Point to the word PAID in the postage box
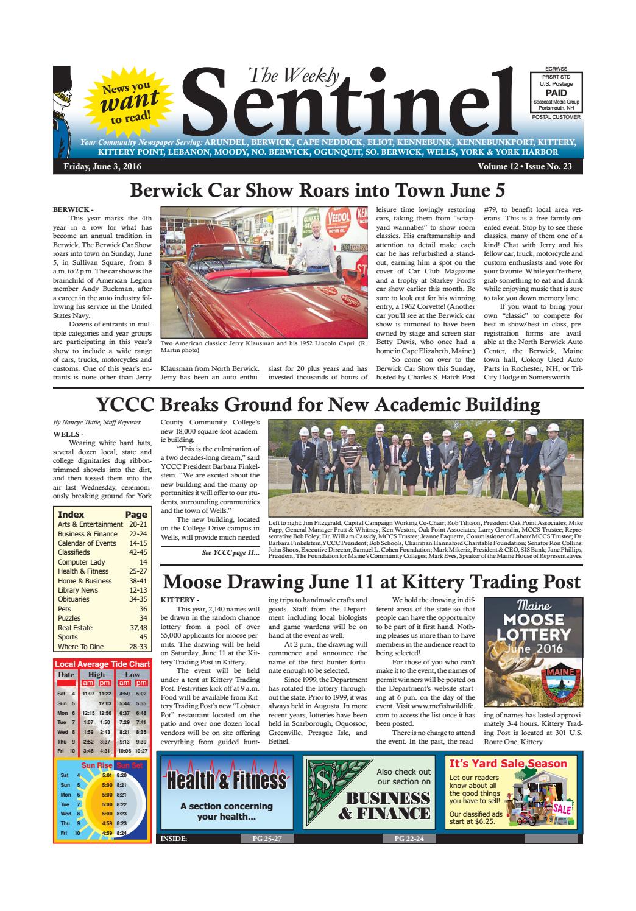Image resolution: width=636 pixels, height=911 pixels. (556, 93)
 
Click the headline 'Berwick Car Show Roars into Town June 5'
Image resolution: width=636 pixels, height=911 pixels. (317, 191)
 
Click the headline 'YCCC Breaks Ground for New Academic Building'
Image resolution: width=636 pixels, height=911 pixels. (317, 404)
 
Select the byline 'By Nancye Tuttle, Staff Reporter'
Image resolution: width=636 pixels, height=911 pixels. (97, 422)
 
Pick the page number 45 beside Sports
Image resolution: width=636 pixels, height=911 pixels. (143, 637)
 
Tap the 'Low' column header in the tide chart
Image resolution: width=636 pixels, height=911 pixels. (132, 674)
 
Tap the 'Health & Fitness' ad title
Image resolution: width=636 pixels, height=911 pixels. (226, 780)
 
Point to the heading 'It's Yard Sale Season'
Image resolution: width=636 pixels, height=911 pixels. (507, 764)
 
